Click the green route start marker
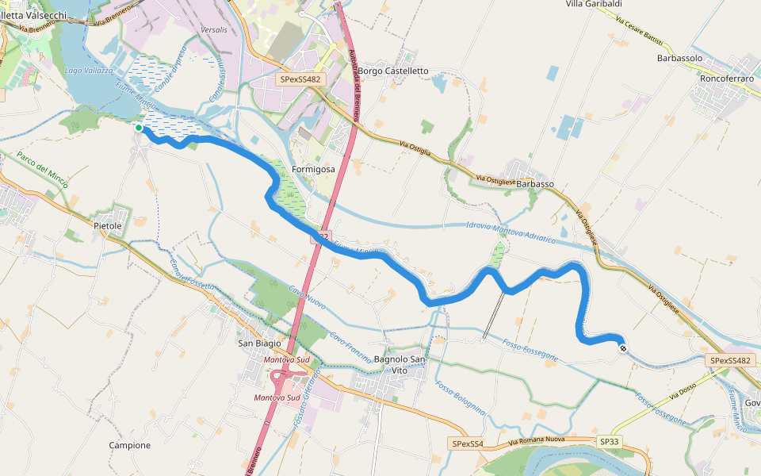pos(139,128)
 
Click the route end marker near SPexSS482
pos(624,347)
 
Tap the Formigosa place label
pos(313,170)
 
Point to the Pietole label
pos(108,226)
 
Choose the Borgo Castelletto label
pos(393,71)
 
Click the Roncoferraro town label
pos(725,79)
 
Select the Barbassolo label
pos(680,59)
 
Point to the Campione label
pos(129,445)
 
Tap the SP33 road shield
pos(610,441)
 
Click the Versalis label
pos(214,29)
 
